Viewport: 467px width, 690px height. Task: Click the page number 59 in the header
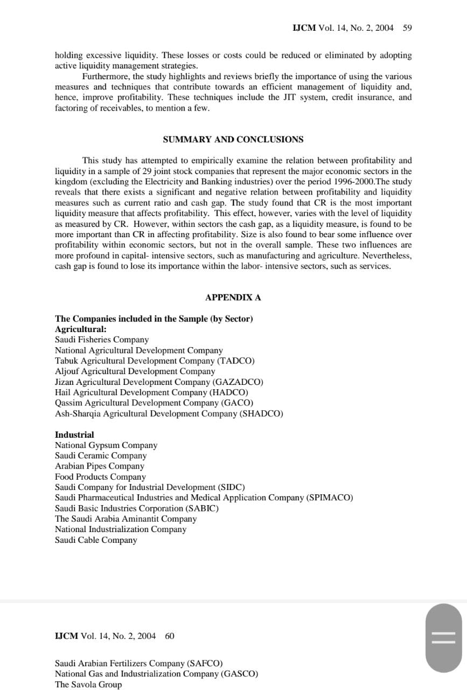click(407, 28)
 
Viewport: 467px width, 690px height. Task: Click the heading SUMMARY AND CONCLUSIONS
click(233, 140)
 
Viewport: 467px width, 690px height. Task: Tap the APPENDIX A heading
click(233, 298)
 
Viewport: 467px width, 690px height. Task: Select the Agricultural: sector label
click(81, 329)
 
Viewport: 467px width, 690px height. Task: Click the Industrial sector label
click(74, 434)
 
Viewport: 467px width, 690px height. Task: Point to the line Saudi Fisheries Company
click(102, 340)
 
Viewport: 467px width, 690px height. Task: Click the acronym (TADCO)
click(236, 361)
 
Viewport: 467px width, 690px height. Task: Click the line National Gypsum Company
click(106, 445)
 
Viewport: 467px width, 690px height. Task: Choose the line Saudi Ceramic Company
click(101, 456)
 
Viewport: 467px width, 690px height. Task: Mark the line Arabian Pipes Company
click(100, 466)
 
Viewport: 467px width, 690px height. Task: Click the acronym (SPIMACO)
click(330, 498)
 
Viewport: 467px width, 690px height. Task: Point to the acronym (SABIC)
click(203, 508)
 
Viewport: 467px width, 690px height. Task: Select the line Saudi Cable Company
click(96, 540)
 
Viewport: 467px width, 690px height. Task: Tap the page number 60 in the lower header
click(170, 636)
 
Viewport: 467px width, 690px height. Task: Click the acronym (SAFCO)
click(205, 663)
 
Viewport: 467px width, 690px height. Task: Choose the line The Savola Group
click(88, 685)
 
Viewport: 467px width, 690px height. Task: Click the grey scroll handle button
click(444, 638)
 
